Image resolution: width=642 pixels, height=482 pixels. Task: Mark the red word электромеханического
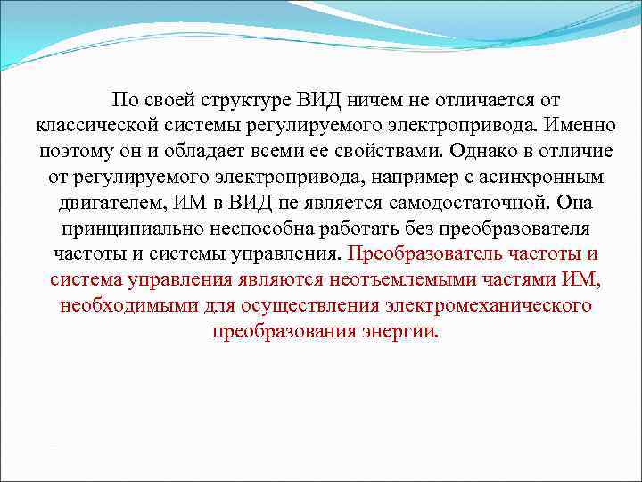click(x=490, y=306)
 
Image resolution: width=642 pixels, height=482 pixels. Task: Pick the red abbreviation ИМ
click(x=581, y=281)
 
